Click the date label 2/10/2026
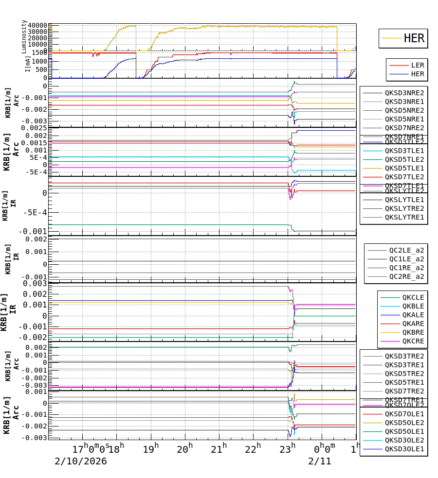[80, 461]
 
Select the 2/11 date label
[319, 461]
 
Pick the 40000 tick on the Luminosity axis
[37, 26]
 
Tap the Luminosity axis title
[24, 36]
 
